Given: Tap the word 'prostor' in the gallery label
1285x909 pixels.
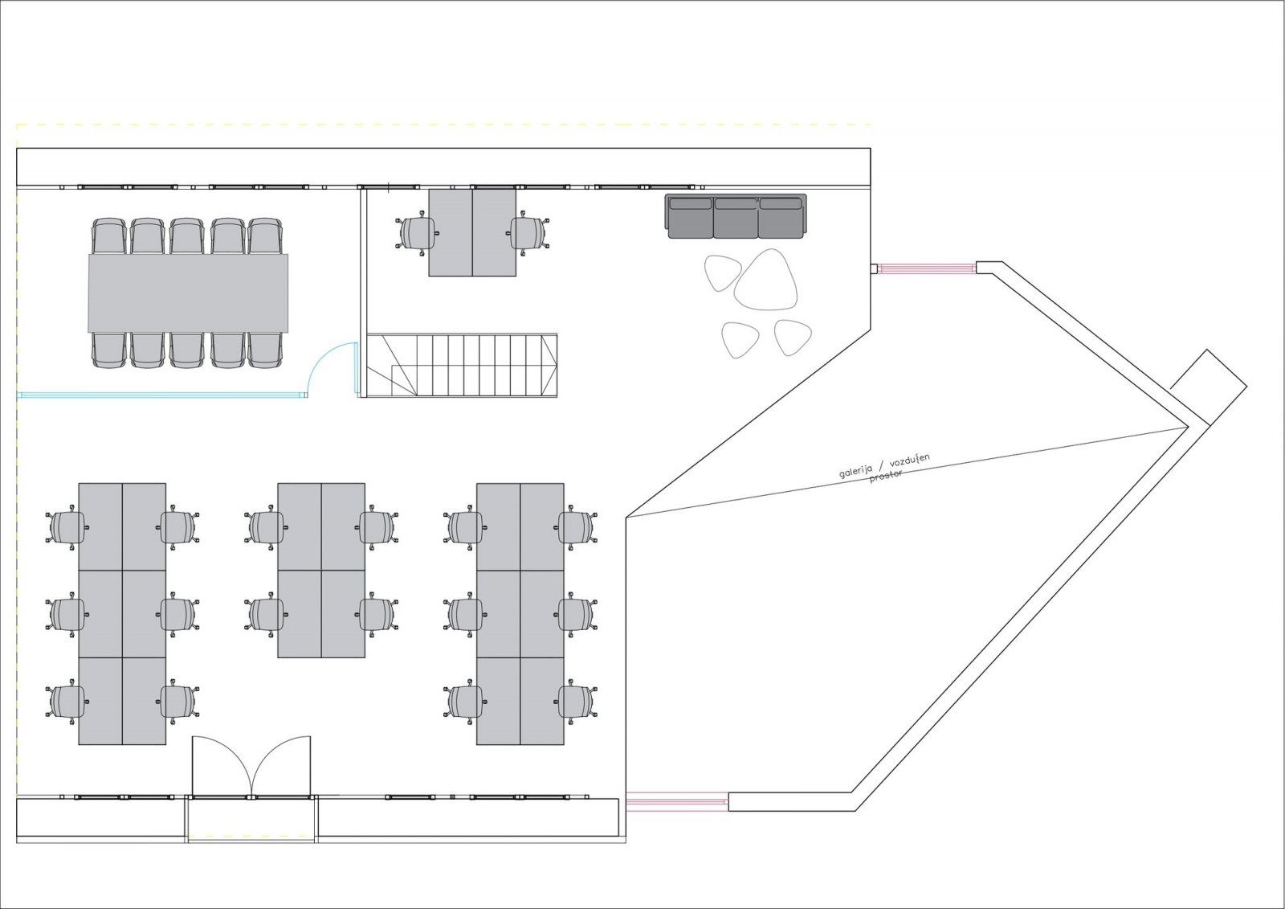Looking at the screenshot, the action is click(x=887, y=476).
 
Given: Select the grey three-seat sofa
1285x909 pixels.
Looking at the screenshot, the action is click(x=736, y=216).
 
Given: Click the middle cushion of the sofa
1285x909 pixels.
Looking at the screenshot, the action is click(x=736, y=217).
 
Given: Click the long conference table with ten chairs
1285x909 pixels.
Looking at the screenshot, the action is click(x=188, y=293).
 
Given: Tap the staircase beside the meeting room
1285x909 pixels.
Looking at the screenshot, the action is click(x=462, y=365).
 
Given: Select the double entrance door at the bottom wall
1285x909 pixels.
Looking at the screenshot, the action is click(x=251, y=767).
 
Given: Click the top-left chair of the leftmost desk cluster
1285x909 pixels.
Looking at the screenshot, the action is click(x=67, y=527).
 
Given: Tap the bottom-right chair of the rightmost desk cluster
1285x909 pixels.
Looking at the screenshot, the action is click(x=577, y=702).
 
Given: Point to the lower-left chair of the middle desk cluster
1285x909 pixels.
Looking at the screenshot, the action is click(x=266, y=614).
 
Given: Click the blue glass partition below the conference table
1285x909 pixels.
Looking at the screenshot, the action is click(x=161, y=395).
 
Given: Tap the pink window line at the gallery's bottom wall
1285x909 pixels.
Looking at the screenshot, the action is click(x=677, y=800).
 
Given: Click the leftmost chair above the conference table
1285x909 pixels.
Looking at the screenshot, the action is click(x=108, y=235).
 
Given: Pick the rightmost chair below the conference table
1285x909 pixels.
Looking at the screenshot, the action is click(x=265, y=350).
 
